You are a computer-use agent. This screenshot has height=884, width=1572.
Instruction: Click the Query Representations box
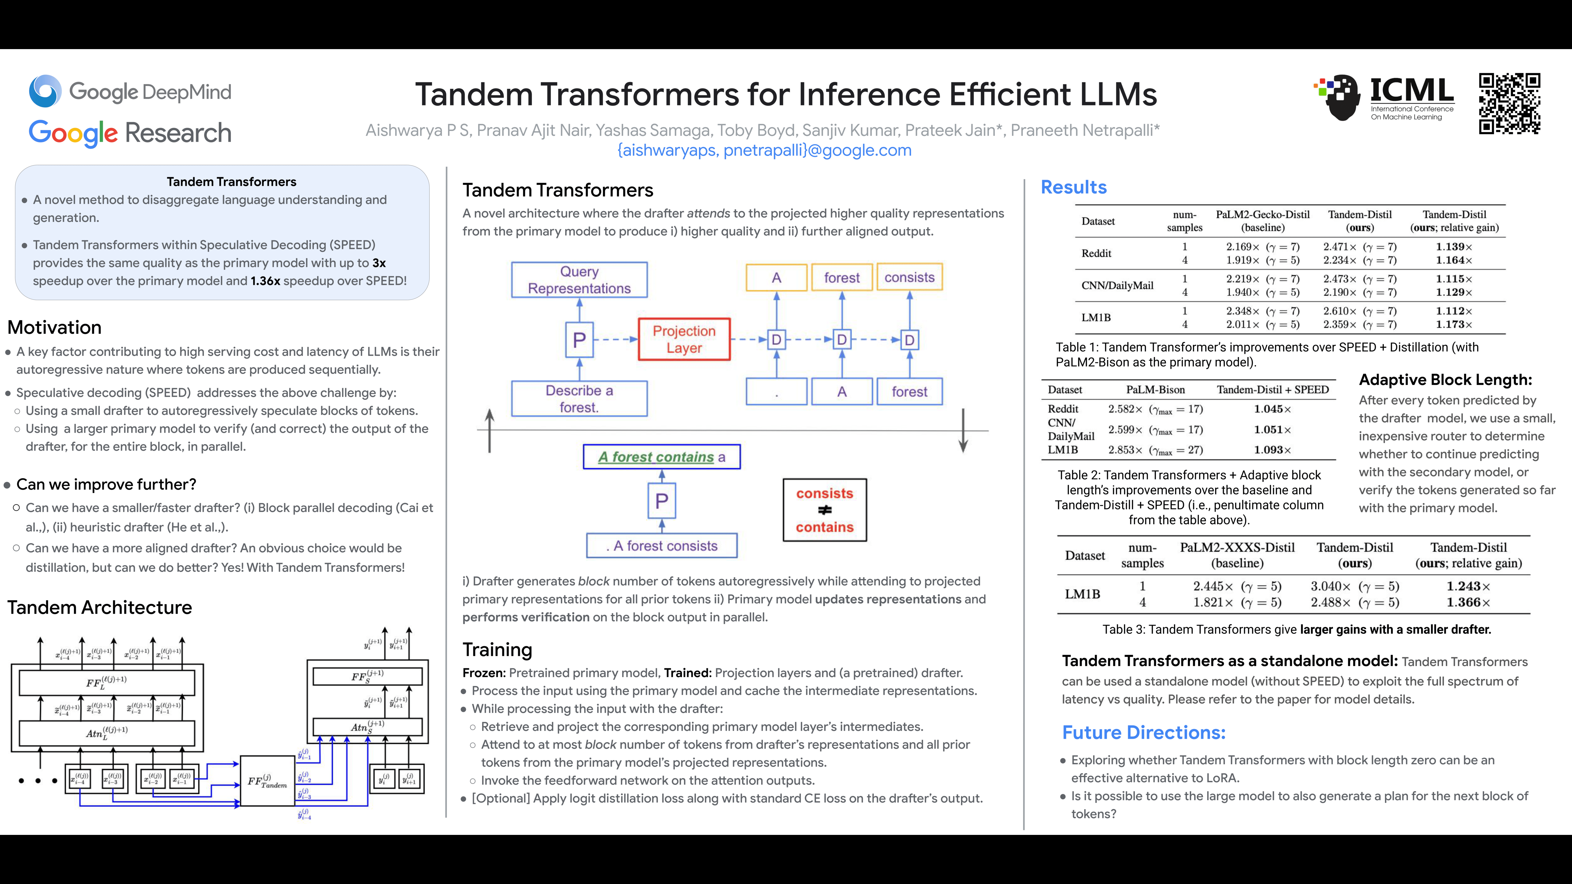579,280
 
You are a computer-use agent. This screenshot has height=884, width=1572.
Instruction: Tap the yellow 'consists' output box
909,277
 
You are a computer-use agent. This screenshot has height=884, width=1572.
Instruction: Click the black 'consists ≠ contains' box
824,510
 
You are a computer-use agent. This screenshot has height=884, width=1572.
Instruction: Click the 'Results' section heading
1073,187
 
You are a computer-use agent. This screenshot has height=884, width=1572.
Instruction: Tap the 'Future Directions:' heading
1144,733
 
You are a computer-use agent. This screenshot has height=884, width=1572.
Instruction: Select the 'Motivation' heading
54,328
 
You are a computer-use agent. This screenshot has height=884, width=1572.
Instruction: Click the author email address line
764,150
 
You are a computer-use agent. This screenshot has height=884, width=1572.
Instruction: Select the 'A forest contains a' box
662,457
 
